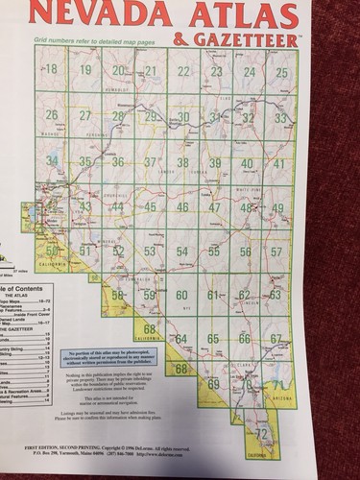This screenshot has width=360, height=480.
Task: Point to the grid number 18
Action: [x=51, y=69]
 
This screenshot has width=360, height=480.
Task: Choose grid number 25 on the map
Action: [x=281, y=72]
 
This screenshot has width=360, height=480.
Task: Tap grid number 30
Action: [x=182, y=117]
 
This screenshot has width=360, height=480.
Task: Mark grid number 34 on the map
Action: [x=52, y=159]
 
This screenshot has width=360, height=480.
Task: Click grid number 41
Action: [x=279, y=163]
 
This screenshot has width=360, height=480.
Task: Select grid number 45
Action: [x=151, y=207]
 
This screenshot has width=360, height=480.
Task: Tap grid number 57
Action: [x=277, y=252]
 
